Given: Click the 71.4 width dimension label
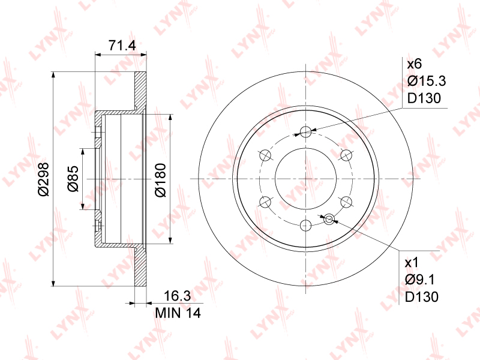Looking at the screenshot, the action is tap(122, 46).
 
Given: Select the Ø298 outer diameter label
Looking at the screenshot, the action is tap(43, 179).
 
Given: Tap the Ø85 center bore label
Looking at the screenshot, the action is tap(73, 179).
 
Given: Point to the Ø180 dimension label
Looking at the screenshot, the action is tap(160, 180).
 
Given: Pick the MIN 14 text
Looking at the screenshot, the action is tap(178, 313).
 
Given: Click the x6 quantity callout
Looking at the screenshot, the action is tap(414, 64).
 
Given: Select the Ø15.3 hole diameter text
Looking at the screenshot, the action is tap(427, 81).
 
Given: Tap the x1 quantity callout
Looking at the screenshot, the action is tap(412, 262).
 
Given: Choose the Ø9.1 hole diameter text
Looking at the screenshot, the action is tap(419, 280).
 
